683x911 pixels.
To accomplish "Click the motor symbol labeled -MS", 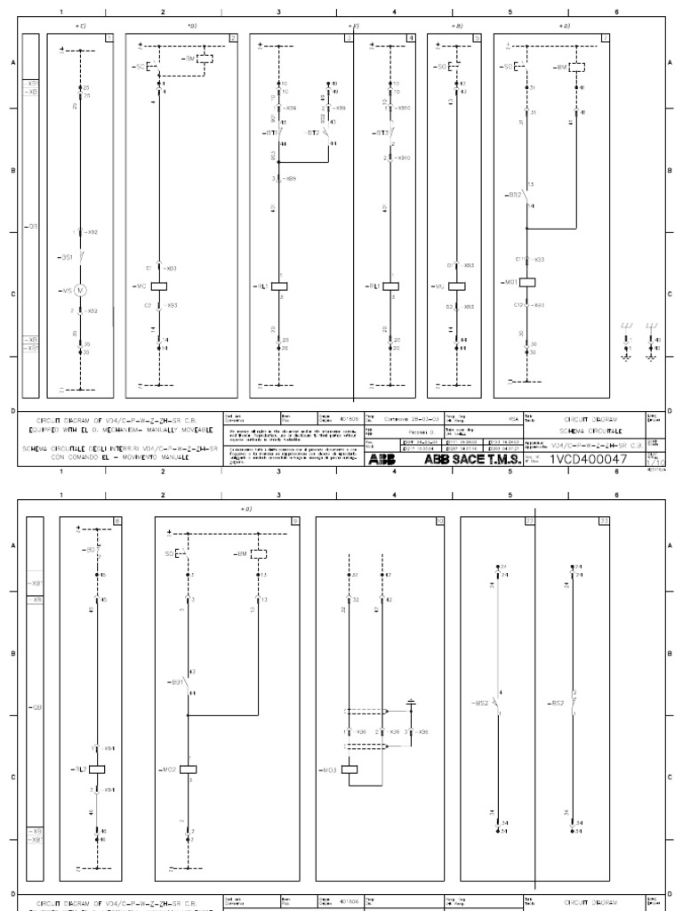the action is click(80, 290).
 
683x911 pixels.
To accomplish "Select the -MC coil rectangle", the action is click(160, 286).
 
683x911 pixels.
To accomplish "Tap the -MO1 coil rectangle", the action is click(526, 281).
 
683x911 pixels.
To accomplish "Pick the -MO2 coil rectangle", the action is click(188, 769).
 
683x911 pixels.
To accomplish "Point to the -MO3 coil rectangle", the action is click(349, 769).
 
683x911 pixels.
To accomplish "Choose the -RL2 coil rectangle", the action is click(98, 769).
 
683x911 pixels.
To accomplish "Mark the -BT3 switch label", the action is click(379, 133).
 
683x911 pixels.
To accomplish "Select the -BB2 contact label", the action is click(512, 194).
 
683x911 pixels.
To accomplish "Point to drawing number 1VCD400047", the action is click(588, 460).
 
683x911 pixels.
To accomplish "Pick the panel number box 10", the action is click(438, 520).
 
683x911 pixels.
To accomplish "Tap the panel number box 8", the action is click(117, 520).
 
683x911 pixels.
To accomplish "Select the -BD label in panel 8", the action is click(91, 550).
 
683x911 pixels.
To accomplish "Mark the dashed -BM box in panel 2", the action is click(204, 59).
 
